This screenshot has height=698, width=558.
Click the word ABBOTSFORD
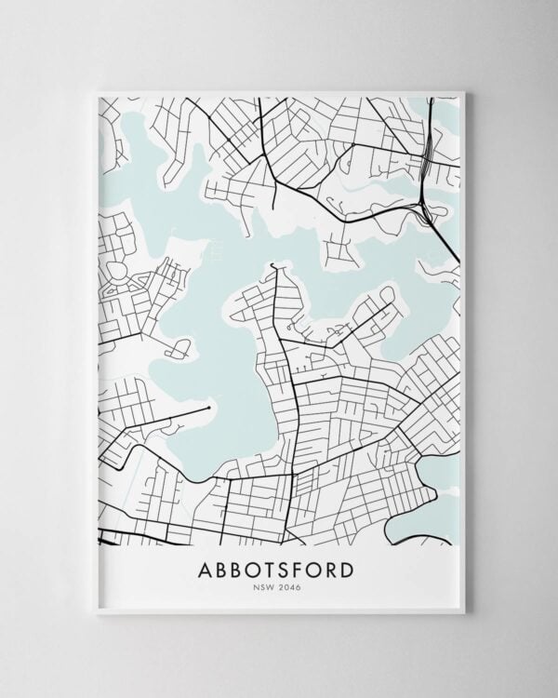[x=275, y=568]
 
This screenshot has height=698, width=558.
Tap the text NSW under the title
[x=264, y=587]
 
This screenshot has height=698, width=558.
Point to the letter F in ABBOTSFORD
[x=292, y=568]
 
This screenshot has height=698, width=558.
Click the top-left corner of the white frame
[x=96, y=91]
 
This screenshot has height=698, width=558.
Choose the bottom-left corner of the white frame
[x=96, y=614]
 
